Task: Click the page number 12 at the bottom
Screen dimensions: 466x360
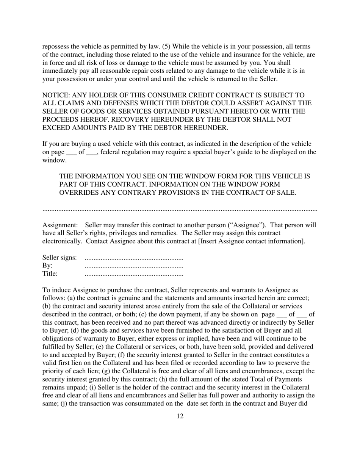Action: [x=180, y=416]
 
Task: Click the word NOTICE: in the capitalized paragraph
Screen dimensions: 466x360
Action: [x=56, y=95]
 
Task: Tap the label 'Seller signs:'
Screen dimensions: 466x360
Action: [x=59, y=258]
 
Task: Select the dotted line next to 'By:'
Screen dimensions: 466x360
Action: [x=134, y=266]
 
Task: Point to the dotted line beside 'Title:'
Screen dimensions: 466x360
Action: [x=134, y=274]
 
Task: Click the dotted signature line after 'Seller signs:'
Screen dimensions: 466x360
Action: [x=134, y=258]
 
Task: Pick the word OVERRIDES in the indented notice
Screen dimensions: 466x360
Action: [x=77, y=192]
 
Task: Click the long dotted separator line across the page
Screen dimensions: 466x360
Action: [x=180, y=209]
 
